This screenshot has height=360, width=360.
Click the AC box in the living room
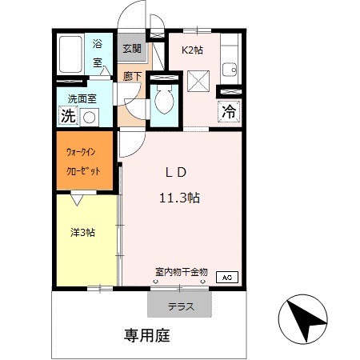[226, 278]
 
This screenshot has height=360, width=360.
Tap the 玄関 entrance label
[132, 49]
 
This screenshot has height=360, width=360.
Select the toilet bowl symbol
[164, 100]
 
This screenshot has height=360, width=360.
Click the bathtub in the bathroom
[70, 54]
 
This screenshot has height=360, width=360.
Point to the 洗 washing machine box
[68, 116]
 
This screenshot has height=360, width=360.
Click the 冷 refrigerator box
[229, 111]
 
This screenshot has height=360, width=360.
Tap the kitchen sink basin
[230, 70]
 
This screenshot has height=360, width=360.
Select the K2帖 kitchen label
[192, 50]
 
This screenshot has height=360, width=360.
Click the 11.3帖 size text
[179, 198]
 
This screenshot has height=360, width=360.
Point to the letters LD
[176, 173]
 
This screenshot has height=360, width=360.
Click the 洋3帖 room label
[82, 233]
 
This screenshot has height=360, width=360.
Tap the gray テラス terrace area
[179, 304]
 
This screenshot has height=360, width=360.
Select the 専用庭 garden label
[146, 335]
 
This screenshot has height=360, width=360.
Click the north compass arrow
[304, 318]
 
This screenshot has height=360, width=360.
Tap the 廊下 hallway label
[132, 77]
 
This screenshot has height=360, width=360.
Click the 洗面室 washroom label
[82, 99]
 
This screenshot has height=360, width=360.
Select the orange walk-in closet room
[84, 160]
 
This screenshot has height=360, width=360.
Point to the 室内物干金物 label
[182, 272]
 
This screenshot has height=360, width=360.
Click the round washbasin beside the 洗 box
[89, 118]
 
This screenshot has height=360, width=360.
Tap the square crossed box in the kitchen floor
[198, 81]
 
